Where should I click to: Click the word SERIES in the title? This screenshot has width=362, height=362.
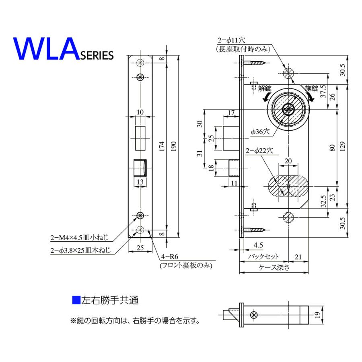(x=96, y=56)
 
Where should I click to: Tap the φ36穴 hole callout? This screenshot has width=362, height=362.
(x=258, y=131)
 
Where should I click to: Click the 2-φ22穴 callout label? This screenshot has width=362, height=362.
(x=259, y=151)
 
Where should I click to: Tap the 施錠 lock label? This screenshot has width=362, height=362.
(x=311, y=88)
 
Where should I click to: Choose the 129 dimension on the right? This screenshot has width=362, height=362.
(x=342, y=147)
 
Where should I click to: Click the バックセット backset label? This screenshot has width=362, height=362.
(x=263, y=256)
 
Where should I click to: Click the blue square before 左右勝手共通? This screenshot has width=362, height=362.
(x=75, y=300)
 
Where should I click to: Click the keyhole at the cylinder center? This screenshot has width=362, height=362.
(x=288, y=109)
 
